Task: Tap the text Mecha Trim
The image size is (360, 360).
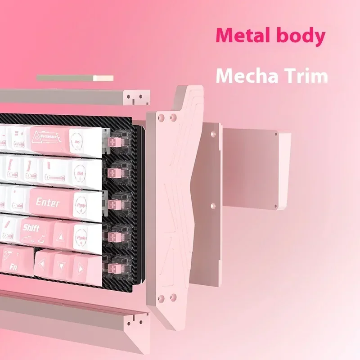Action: pyautogui.click(x=271, y=76)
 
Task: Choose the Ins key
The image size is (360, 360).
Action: pyautogui.click(x=86, y=142)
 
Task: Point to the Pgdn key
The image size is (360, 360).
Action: pyautogui.click(x=82, y=234)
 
